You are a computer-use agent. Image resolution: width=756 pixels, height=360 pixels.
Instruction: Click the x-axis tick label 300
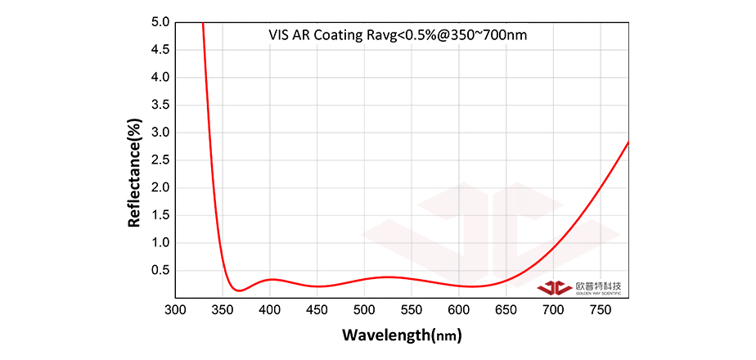pyautogui.click(x=175, y=310)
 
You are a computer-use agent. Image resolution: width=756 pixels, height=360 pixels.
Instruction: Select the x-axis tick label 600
pyautogui.click(x=459, y=310)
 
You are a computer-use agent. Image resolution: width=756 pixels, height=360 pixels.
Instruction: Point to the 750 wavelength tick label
pyautogui.click(x=601, y=310)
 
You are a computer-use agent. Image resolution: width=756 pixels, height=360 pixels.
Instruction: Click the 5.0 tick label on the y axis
pyautogui.click(x=160, y=22)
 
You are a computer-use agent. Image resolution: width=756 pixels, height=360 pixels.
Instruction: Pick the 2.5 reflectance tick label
pyautogui.click(x=160, y=160)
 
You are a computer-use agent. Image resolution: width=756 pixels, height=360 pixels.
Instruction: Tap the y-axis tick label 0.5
pyautogui.click(x=160, y=271)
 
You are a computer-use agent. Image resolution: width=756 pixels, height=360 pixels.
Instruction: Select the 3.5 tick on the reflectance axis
pyautogui.click(x=160, y=105)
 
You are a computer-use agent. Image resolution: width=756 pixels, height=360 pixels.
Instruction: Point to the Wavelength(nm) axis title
pyautogui.click(x=402, y=335)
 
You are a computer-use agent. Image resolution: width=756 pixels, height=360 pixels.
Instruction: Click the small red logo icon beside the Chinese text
pyautogui.click(x=555, y=287)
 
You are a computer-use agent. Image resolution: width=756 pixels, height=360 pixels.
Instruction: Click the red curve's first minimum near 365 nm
pyautogui.click(x=237, y=290)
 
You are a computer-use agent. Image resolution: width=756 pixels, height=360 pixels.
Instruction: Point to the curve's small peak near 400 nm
pyautogui.click(x=272, y=279)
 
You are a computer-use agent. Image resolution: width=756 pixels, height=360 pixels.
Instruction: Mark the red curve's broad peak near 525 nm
pyautogui.click(x=389, y=277)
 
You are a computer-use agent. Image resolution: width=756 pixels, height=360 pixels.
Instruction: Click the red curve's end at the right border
pyautogui.click(x=628, y=142)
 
